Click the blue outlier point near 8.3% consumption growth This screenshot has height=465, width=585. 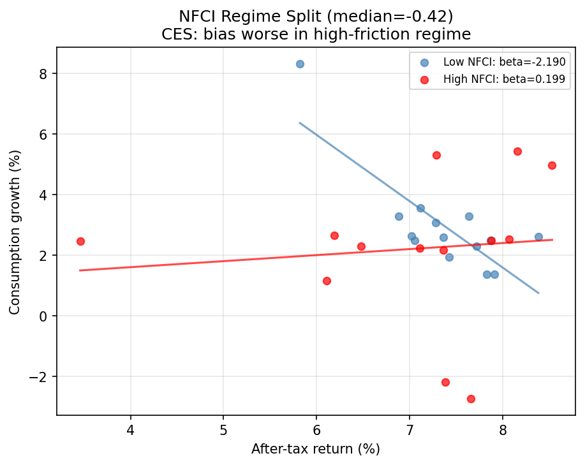[x=300, y=64]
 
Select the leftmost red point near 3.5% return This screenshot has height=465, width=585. [x=80, y=241]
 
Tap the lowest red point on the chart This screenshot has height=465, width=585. [x=471, y=399]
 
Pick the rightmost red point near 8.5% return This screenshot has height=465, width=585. [x=552, y=165]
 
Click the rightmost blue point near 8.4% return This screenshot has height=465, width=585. [x=538, y=237]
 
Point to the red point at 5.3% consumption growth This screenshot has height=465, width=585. [x=436, y=155]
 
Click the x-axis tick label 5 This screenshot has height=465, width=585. [x=224, y=430]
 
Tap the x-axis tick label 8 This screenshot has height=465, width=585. [x=503, y=430]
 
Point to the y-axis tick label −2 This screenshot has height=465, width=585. [x=43, y=376]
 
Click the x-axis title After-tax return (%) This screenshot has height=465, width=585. [x=316, y=449]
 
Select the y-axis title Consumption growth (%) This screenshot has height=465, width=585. [x=15, y=232]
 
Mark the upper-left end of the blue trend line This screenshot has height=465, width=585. [x=300, y=122]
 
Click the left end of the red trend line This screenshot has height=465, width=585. [x=80, y=270]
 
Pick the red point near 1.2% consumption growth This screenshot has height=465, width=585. [x=327, y=281]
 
